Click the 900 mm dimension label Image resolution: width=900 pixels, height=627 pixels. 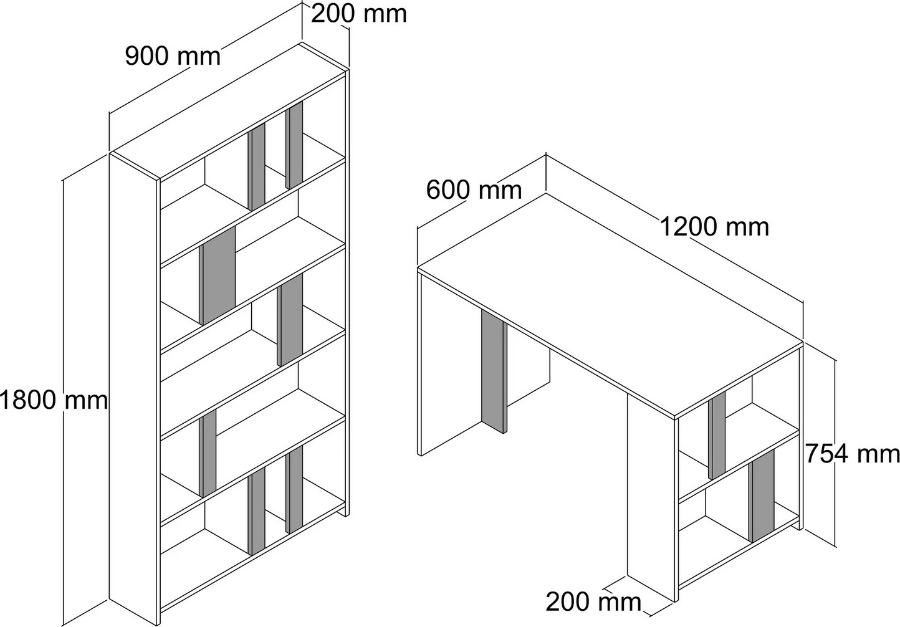pos(173,56)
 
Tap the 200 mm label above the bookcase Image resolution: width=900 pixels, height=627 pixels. pos(358,13)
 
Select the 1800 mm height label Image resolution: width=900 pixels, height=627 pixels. pos(54,400)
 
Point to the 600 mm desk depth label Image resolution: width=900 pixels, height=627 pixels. pos(474,189)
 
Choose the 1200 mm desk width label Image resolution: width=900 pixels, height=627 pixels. pos(714,227)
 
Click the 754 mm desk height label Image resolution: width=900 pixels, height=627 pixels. pos(852,454)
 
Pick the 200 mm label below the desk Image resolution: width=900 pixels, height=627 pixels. pos(593,601)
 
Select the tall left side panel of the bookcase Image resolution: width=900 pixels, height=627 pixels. pos(133,386)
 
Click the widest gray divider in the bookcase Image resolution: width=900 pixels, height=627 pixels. pos(218,274)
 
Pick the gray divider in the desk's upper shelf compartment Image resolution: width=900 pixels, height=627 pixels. pos(717,436)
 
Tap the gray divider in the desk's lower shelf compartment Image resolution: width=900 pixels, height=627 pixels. pos(762,495)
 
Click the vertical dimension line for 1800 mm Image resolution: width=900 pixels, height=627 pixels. pos(64,499)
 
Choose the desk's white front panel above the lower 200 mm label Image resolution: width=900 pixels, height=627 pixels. pos(651,499)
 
